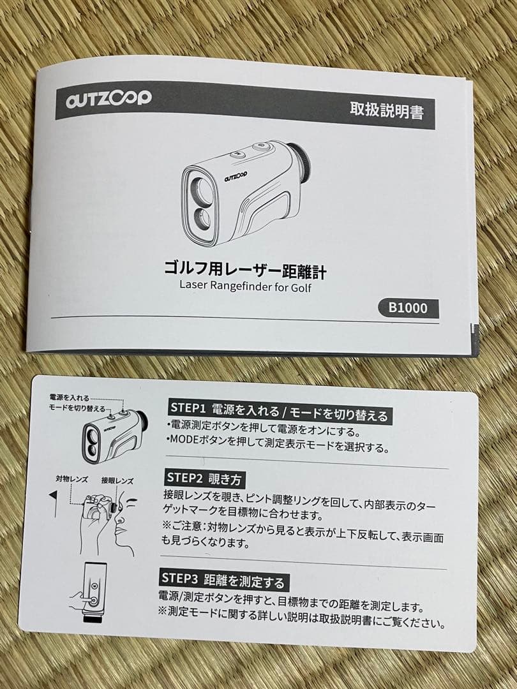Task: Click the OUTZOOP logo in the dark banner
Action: [108, 98]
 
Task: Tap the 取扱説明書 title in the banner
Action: [386, 110]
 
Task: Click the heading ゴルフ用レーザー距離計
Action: [245, 270]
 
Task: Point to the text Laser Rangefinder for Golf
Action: [244, 287]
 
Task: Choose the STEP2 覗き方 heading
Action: [205, 477]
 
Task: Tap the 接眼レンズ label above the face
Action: [117, 480]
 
